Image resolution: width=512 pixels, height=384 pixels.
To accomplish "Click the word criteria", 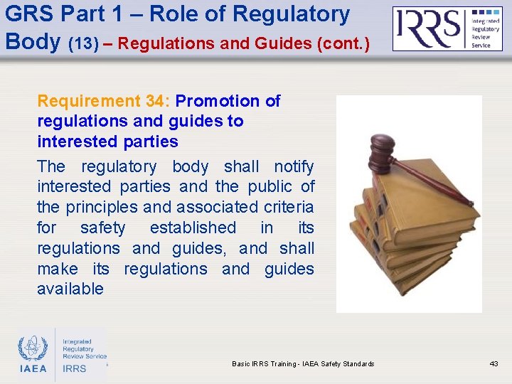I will click(289, 207).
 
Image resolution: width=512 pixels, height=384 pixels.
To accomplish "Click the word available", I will click(70, 289).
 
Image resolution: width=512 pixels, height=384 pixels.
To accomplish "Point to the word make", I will click(58, 269).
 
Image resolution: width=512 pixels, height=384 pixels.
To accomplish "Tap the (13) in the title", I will click(84, 43).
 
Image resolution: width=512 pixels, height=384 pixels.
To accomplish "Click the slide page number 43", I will click(494, 363).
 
